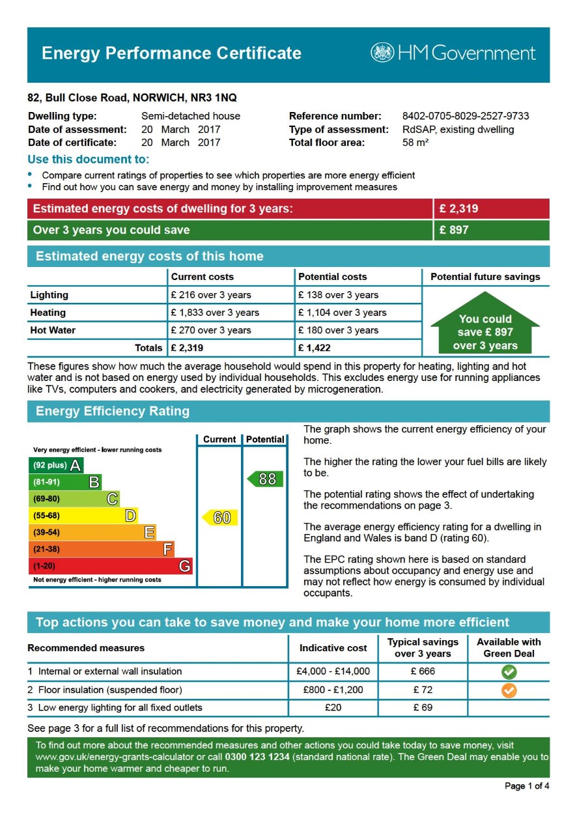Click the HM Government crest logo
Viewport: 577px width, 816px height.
click(382, 53)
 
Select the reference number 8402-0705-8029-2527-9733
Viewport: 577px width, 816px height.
click(465, 117)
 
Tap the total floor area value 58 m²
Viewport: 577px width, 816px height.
click(415, 143)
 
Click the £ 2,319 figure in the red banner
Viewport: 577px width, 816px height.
click(458, 209)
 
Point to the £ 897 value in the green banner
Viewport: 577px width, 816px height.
click(454, 230)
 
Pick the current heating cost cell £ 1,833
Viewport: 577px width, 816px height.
click(214, 313)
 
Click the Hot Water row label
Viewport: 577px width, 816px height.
click(53, 330)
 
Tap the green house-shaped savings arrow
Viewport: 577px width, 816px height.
click(485, 324)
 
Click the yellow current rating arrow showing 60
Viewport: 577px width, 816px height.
click(220, 518)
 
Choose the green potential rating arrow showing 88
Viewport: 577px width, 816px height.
click(265, 479)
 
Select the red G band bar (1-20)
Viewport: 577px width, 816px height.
click(111, 567)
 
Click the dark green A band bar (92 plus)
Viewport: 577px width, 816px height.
click(57, 466)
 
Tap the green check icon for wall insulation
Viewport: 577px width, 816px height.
click(509, 671)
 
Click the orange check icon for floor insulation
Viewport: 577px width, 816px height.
click(509, 690)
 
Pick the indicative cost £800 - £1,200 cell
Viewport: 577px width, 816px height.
click(333, 690)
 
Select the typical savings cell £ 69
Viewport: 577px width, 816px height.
click(423, 708)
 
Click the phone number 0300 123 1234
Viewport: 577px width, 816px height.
click(258, 757)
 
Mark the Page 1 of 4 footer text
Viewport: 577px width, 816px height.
click(526, 786)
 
